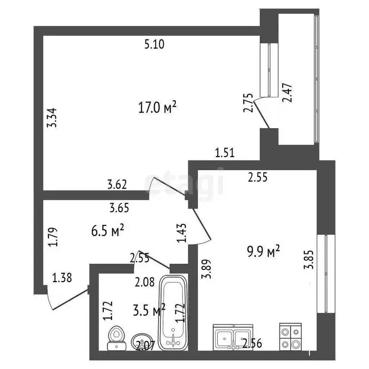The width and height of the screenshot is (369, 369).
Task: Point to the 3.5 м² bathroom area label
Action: [x=148, y=311]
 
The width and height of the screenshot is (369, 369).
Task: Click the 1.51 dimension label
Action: [x=225, y=154]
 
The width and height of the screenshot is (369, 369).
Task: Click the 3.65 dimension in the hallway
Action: [x=119, y=208]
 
